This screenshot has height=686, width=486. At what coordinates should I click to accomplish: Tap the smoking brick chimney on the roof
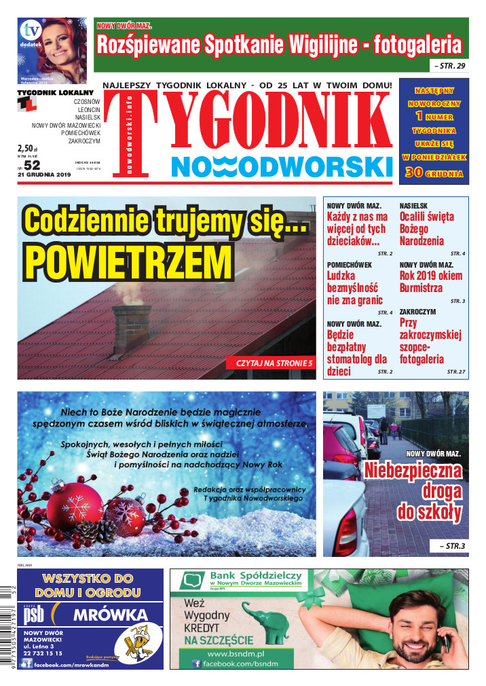click(x=132, y=327)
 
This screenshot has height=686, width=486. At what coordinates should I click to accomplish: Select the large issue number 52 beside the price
click(x=32, y=164)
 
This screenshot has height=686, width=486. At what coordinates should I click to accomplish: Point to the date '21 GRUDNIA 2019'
click(x=45, y=175)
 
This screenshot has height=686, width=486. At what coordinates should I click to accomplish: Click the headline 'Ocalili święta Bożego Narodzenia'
click(x=426, y=229)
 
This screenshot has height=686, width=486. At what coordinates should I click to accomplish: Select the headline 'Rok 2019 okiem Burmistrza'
click(x=431, y=281)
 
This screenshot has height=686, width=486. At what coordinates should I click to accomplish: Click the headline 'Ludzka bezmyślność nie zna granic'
click(x=355, y=287)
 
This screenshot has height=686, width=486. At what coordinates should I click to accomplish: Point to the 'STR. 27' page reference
click(x=456, y=372)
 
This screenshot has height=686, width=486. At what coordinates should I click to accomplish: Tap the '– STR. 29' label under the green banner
click(x=448, y=66)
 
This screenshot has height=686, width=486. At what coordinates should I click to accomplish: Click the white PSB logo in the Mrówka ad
click(x=35, y=616)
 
